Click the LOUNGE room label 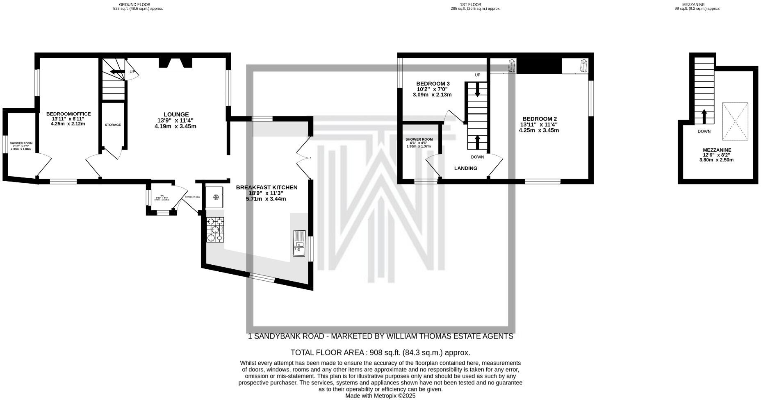tap(176, 114)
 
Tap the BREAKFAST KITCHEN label tap(267, 187)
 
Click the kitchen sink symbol tap(299, 243)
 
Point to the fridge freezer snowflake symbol tap(216, 198)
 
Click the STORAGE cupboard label tap(113, 125)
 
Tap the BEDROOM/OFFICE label tap(68, 114)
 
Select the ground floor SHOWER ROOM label tap(21, 143)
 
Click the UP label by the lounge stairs tap(132, 72)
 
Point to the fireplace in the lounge tap(175, 64)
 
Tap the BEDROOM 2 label tap(539, 119)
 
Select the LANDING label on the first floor tap(466, 168)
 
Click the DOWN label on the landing tap(477, 157)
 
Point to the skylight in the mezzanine tap(735, 121)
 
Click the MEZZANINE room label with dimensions tap(717, 155)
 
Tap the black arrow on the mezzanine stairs tap(704, 116)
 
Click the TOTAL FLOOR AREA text tap(380, 352)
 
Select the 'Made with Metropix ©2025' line tap(380, 396)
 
